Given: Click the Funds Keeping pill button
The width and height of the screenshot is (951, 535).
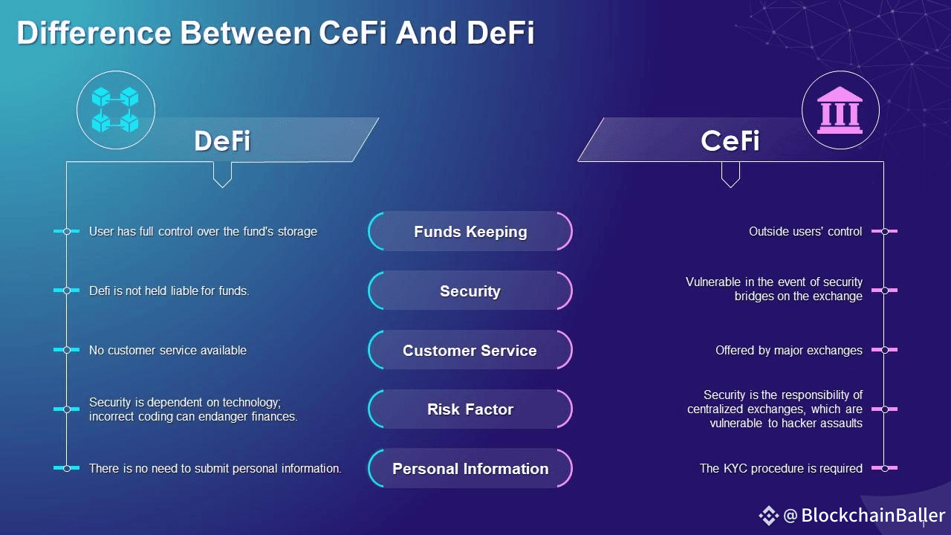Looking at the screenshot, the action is tap(470, 231).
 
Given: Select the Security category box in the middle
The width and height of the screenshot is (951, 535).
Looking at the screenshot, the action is tap(470, 291).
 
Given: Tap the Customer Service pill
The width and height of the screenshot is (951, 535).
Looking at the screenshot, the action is tap(470, 350).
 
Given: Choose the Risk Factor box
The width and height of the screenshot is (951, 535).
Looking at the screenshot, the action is tap(470, 409).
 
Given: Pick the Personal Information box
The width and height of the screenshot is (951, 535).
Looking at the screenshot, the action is tap(470, 468).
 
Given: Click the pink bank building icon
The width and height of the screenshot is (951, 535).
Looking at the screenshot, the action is tap(840, 111).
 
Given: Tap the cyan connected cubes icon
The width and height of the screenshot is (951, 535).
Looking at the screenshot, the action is tap(115, 109).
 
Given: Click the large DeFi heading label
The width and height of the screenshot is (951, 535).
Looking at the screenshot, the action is tap(222, 140).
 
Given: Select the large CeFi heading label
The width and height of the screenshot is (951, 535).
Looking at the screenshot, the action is tap(730, 140).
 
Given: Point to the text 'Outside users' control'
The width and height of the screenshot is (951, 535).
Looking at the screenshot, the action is tap(805, 231).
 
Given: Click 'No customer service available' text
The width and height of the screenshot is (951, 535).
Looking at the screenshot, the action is tap(168, 350).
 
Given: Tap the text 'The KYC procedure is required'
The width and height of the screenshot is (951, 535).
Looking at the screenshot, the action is tap(781, 468).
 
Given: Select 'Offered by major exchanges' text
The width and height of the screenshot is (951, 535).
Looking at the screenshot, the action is tap(789, 350).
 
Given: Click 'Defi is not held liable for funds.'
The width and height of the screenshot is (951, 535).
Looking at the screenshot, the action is tap(169, 291).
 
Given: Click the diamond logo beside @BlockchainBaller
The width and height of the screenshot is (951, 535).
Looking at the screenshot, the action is tap(768, 516).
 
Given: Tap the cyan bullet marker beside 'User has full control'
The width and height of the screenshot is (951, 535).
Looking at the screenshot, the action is tap(67, 231).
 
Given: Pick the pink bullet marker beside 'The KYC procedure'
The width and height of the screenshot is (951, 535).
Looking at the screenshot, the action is tap(884, 468).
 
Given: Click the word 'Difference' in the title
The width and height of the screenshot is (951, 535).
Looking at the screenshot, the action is tap(94, 33).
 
